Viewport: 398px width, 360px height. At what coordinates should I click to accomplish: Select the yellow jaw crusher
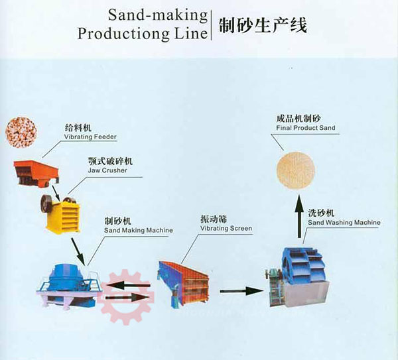60,213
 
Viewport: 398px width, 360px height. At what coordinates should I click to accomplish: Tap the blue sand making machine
68,285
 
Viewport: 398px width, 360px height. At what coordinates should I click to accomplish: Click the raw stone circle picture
21,132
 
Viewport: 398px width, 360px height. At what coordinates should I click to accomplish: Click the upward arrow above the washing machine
300,216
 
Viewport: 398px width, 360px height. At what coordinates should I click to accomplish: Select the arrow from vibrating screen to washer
241,291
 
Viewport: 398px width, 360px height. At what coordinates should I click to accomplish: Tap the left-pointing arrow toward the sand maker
129,285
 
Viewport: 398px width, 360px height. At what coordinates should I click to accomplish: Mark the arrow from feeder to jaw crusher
56,192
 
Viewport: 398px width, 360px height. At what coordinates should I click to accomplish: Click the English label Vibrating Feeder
90,137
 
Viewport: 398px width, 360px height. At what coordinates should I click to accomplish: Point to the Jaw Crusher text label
107,170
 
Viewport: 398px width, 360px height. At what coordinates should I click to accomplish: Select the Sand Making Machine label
139,230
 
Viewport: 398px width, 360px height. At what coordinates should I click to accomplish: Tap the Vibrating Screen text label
226,228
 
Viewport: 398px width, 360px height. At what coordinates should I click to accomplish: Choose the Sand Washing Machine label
344,223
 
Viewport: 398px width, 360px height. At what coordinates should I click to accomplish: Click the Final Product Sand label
306,127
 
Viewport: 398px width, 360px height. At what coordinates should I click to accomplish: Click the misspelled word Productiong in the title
124,34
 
